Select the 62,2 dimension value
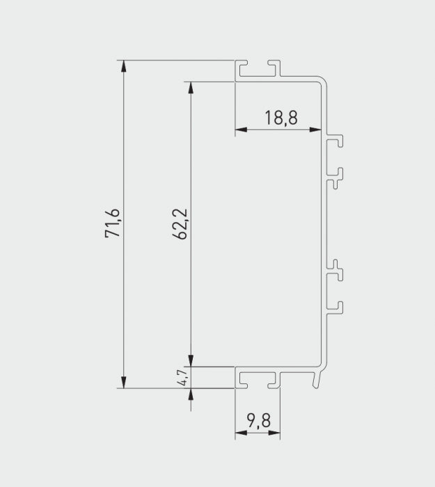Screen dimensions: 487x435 pos(180,223)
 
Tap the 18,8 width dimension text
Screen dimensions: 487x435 pos(280,118)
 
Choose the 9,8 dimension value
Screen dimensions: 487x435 pos(258,421)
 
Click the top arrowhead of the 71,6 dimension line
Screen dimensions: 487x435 pos(125,66)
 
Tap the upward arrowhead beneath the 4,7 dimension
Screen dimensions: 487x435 pos(189,394)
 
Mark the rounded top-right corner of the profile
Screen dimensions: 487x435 pos(321,80)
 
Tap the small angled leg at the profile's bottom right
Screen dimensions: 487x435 pos(319,378)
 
